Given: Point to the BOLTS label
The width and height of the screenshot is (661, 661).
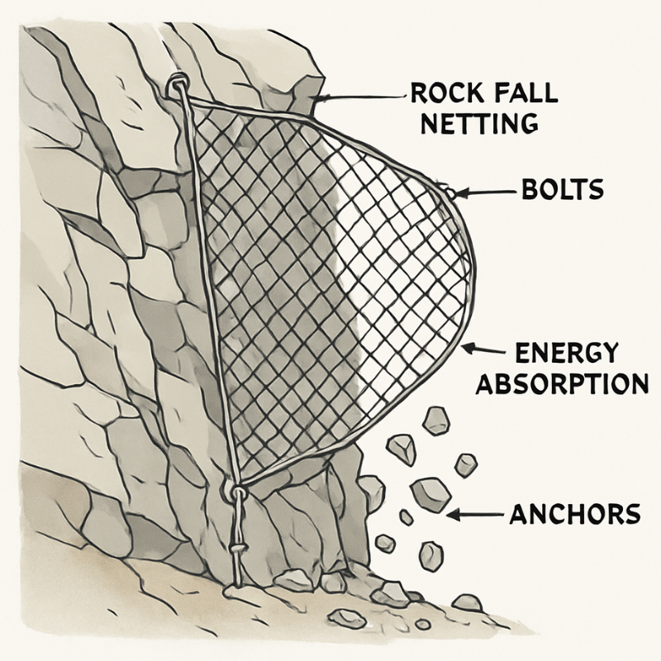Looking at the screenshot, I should (562, 192).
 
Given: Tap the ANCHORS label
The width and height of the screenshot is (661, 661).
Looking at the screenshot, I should (574, 514).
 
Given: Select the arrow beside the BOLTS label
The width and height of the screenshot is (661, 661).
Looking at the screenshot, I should (487, 193).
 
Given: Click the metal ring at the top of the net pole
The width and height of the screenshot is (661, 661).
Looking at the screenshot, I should (178, 84).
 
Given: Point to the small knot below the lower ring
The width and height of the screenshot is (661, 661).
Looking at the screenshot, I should (237, 549).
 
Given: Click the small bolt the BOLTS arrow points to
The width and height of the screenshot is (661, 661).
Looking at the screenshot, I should (449, 192).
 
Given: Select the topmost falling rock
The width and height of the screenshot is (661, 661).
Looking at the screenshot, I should (435, 421).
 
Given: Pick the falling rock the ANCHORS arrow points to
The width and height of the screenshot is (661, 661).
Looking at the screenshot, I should (430, 495).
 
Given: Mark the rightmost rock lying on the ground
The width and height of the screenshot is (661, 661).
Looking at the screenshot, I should (468, 602).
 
